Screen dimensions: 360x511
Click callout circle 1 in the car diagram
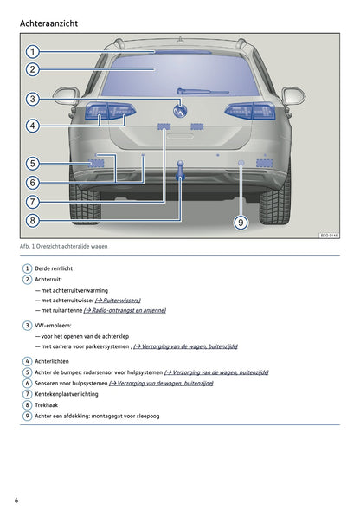(x=33, y=51)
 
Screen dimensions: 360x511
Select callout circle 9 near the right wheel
(x=241, y=223)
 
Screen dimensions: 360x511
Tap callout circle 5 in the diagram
(x=33, y=164)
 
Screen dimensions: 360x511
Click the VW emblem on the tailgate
(x=180, y=111)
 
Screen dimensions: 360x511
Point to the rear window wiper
(x=202, y=92)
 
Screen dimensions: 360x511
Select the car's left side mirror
(x=66, y=96)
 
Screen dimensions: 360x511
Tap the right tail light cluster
(x=250, y=111)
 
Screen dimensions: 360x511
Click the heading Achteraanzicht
(x=48, y=23)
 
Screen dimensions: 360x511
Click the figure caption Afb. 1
(x=63, y=246)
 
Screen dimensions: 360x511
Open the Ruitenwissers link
(x=118, y=301)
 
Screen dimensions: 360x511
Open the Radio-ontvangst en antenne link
(x=125, y=310)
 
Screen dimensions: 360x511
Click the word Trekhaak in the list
(x=46, y=405)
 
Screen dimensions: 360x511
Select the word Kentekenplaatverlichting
(x=67, y=394)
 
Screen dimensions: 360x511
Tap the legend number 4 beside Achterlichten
(x=27, y=361)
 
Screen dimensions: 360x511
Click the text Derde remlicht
(x=54, y=268)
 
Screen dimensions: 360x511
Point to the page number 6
(x=16, y=501)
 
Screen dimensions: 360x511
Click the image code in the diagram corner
(x=329, y=235)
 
